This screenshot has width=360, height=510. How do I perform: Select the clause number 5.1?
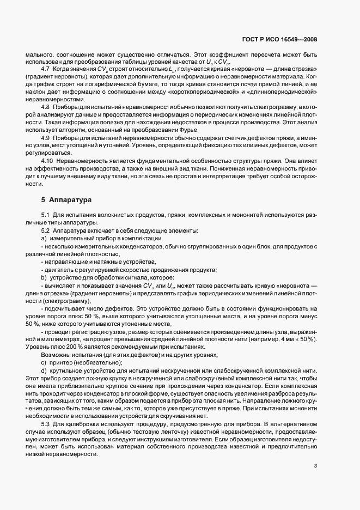pos(46,216)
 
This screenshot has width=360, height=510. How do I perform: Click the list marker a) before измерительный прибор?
pos(44,239)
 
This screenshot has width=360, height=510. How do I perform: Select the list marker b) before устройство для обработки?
pos(44,277)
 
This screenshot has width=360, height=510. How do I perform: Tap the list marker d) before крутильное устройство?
pos(44,371)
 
